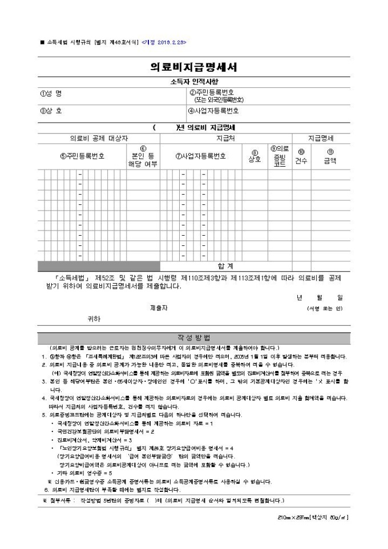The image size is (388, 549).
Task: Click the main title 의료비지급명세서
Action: [x=193, y=67]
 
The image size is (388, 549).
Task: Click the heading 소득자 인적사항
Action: [x=193, y=82]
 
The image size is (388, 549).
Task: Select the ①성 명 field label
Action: [x=51, y=93]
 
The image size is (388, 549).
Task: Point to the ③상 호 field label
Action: [x=51, y=111]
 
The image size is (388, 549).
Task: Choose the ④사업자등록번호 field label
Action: [x=213, y=111]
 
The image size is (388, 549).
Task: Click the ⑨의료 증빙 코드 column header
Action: [x=280, y=156]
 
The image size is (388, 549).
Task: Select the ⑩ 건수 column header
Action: [x=301, y=156]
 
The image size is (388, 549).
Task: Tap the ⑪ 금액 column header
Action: [x=330, y=156]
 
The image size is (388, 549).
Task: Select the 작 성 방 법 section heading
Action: [x=193, y=337]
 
